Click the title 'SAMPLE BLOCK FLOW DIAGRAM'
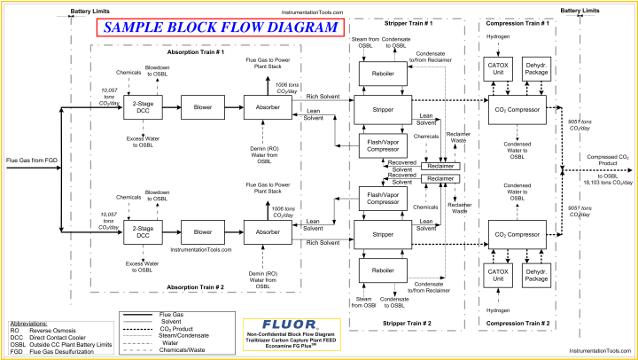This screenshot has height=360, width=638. [x=220, y=27]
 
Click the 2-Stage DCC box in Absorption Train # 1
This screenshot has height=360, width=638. [x=141, y=111]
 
